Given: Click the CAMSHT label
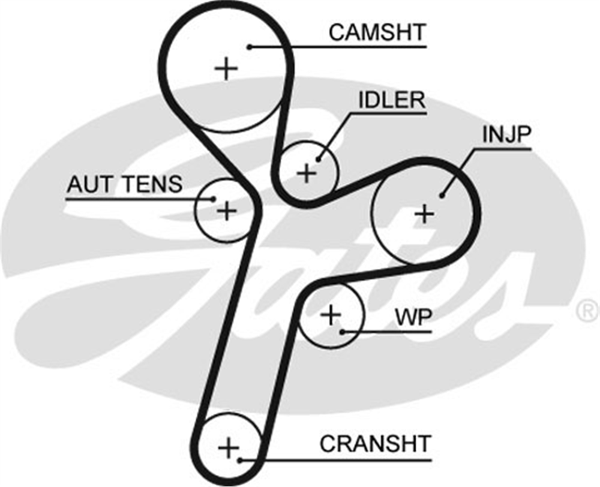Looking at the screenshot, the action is click(x=377, y=32).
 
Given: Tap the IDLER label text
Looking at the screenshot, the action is click(x=392, y=100).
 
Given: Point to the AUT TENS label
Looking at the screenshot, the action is click(x=124, y=184).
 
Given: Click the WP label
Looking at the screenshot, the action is click(x=413, y=317).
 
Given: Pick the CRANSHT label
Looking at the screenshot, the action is click(x=376, y=444).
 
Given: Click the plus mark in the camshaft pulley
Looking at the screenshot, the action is click(x=226, y=69).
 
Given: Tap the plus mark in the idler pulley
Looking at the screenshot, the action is click(x=307, y=174).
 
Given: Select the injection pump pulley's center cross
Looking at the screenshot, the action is click(x=425, y=214).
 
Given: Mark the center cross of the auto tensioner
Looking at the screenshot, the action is click(x=227, y=211).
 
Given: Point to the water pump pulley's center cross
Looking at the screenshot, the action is click(x=331, y=315).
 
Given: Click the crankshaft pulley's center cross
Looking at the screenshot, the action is click(x=229, y=448).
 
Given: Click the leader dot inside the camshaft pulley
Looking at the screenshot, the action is click(x=250, y=47).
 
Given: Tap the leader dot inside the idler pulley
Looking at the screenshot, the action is click(x=319, y=160).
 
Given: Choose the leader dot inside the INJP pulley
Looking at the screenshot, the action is click(x=442, y=196).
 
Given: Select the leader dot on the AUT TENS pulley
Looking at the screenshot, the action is click(x=213, y=199).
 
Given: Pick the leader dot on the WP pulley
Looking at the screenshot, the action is click(x=343, y=332).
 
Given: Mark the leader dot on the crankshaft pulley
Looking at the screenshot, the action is click(x=240, y=460).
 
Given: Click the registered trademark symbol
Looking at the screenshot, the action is click(x=587, y=310).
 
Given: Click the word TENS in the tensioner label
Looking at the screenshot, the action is click(x=153, y=184).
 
